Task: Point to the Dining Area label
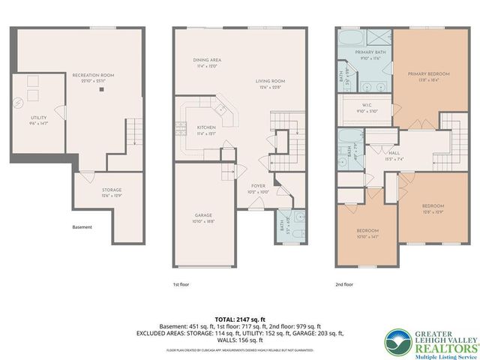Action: pos(205,61)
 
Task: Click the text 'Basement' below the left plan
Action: pos(82,227)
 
